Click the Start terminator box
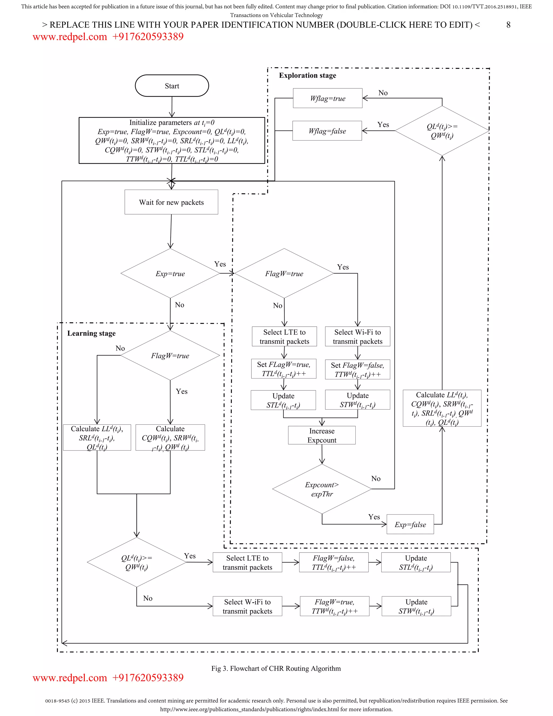pyautogui.click(x=172, y=86)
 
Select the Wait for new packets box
pyautogui.click(x=171, y=202)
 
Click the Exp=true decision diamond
pyautogui.click(x=170, y=273)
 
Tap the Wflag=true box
pyautogui.click(x=328, y=98)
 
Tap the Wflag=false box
pyautogui.click(x=327, y=131)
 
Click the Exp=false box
pyautogui.click(x=410, y=524)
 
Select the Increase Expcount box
pyautogui.click(x=322, y=435)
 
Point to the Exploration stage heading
pyautogui.click(x=307, y=75)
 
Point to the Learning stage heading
pyautogui.click(x=92, y=333)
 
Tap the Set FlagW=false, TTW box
pyautogui.click(x=358, y=369)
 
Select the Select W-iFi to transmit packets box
pyautogui.click(x=247, y=606)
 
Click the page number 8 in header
pyautogui.click(x=508, y=25)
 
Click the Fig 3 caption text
pyautogui.click(x=276, y=668)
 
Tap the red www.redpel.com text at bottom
pyautogui.click(x=69, y=678)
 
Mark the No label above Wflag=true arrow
pyautogui.click(x=383, y=93)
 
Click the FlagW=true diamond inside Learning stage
pyautogui.click(x=170, y=356)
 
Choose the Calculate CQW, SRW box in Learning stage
pyautogui.click(x=170, y=438)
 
